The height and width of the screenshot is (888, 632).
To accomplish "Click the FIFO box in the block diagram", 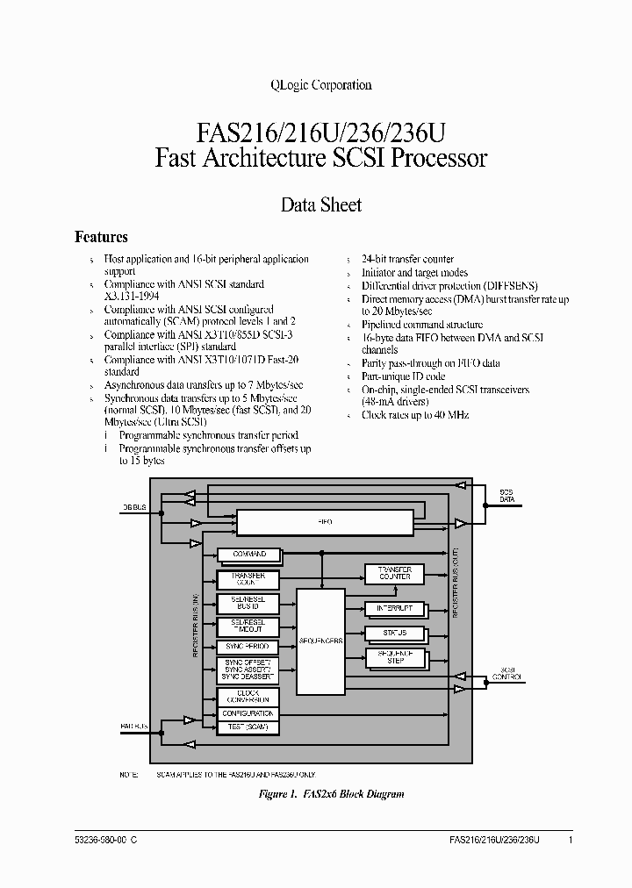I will coord(325,522).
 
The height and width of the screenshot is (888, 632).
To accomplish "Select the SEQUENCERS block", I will coord(320,641).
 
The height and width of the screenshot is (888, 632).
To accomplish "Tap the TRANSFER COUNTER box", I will coord(394,573).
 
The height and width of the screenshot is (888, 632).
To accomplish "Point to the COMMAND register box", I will coord(248,555).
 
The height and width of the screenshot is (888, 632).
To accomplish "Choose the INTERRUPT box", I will coord(394,609).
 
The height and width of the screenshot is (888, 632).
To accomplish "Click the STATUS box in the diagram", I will coord(394,633).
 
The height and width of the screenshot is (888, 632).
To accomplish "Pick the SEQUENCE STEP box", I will coord(394,657).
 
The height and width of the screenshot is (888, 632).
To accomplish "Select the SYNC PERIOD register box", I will coord(248,647).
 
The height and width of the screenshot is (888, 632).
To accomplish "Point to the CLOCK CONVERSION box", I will coord(248,697).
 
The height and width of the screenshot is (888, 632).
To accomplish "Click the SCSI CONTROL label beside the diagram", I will coord(508,672).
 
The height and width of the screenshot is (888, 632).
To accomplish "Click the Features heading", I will coord(101,237).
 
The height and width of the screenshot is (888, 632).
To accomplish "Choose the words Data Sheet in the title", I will coord(320,204).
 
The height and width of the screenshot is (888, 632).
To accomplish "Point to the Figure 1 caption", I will coord(331,794).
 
